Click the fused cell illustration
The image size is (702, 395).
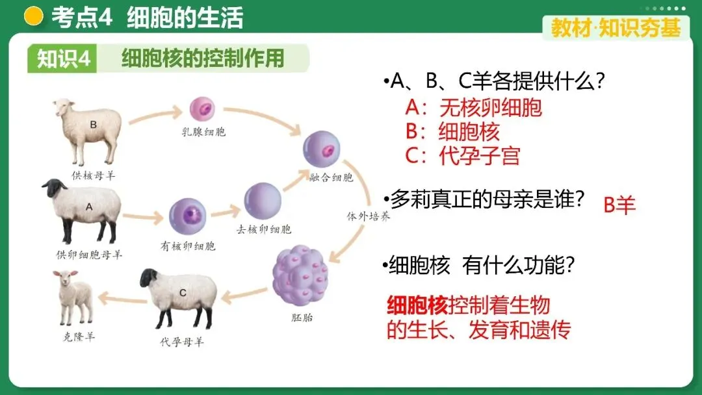pyautogui.click(x=322, y=149)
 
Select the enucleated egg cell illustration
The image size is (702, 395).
pyautogui.click(x=263, y=201)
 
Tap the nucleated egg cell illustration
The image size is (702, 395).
pyautogui.click(x=187, y=217)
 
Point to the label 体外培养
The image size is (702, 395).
pyautogui.click(x=368, y=217)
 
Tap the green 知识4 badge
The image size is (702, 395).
pyautogui.click(x=62, y=58)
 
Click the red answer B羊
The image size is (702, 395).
pyautogui.click(x=619, y=205)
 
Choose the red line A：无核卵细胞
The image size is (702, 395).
pyautogui.click(x=473, y=107)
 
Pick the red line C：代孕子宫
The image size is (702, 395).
pyautogui.click(x=462, y=155)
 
